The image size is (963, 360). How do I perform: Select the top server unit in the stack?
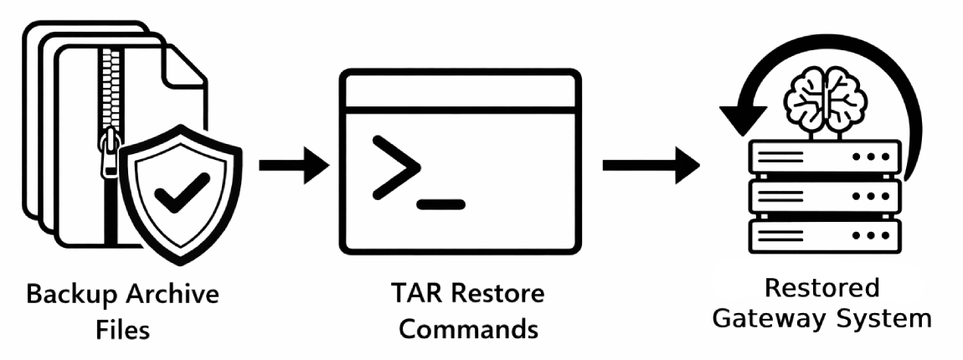point(826,157)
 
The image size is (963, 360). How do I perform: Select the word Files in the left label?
point(122,329)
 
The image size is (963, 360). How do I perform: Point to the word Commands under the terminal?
point(468,328)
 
